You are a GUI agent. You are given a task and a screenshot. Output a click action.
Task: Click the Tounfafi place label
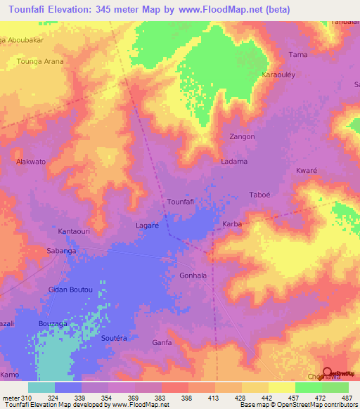179,202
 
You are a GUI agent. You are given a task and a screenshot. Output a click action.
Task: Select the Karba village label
232,224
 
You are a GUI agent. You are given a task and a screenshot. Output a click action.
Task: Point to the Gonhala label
193,275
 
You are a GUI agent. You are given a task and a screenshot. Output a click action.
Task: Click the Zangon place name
242,137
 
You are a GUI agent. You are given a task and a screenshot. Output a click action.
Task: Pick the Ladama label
234,162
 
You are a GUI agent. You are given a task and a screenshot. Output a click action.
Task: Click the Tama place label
298,54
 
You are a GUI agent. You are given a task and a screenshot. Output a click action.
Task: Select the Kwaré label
307,171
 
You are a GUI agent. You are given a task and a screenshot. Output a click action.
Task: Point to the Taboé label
260,195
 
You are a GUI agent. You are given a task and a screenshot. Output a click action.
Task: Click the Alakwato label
31,162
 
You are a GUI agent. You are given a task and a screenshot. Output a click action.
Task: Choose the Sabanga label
60,250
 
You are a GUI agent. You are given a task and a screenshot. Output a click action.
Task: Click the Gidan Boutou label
70,290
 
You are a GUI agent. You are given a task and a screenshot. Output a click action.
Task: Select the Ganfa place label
162,342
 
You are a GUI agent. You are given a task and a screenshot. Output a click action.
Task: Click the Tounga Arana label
40,62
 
